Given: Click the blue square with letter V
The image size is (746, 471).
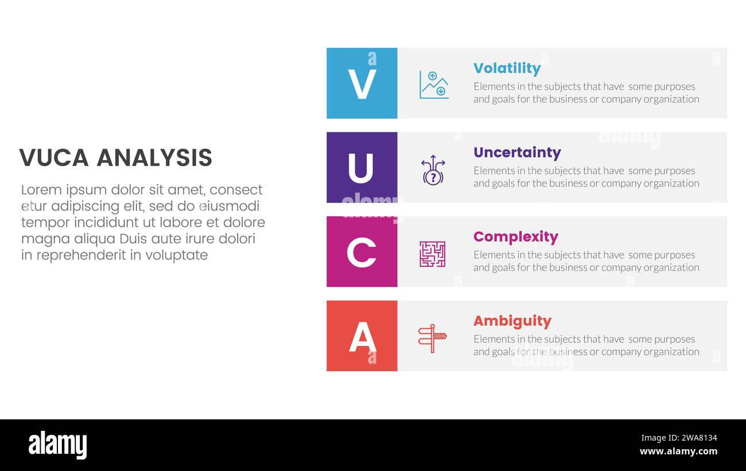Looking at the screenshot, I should pos(362,83).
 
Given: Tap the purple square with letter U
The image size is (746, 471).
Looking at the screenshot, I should pos(362,168).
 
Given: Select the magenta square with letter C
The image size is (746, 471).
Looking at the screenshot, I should pos(362,252).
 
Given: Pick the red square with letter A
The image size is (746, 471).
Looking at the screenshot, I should pos(362,336).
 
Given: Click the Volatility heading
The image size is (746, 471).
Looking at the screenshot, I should pos(507,68).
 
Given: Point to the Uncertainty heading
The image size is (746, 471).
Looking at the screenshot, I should pos(517,153).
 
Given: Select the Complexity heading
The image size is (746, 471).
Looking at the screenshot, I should pos(515,237).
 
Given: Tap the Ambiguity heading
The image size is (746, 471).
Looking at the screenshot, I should pos(512,321).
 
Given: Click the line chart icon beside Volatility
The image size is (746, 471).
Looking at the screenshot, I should pos(433,84).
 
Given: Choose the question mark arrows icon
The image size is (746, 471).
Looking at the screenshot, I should pos(433,169).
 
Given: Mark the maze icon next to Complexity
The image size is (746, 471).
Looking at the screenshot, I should pos(432,254).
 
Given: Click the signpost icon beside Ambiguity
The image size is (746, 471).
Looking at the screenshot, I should pos(432,338).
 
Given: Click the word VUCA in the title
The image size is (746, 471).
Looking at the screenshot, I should pos(53,158).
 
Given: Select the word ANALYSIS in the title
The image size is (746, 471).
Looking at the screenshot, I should pos(154,158).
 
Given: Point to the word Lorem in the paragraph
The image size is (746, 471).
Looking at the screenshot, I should pos(40,190).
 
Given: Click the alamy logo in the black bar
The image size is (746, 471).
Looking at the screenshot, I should pos(57,445).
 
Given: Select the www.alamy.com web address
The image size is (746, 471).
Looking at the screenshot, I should pos(678,451).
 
